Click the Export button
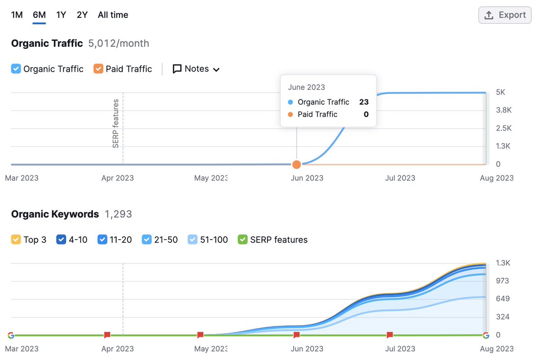pos(505,15)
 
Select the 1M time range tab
pos(17,15)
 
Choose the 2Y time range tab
pos(82,15)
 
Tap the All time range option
pos(113,15)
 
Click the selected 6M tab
pos(39,15)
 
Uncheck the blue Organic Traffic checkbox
pos(16,69)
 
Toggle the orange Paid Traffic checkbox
pos(98,69)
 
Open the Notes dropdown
pos(196,69)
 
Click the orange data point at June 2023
pos(296,164)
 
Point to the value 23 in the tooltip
pos(363,102)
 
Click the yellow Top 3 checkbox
pos(16,240)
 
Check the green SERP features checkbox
pos(243,240)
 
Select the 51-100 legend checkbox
pos(192,240)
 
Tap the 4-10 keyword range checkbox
pos(61,240)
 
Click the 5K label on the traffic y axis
pos(501,92)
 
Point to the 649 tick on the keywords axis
pos(503,299)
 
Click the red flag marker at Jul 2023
pos(390,335)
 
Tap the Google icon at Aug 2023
pos(486,335)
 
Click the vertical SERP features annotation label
pos(116,124)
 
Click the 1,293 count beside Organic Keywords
pos(118,214)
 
